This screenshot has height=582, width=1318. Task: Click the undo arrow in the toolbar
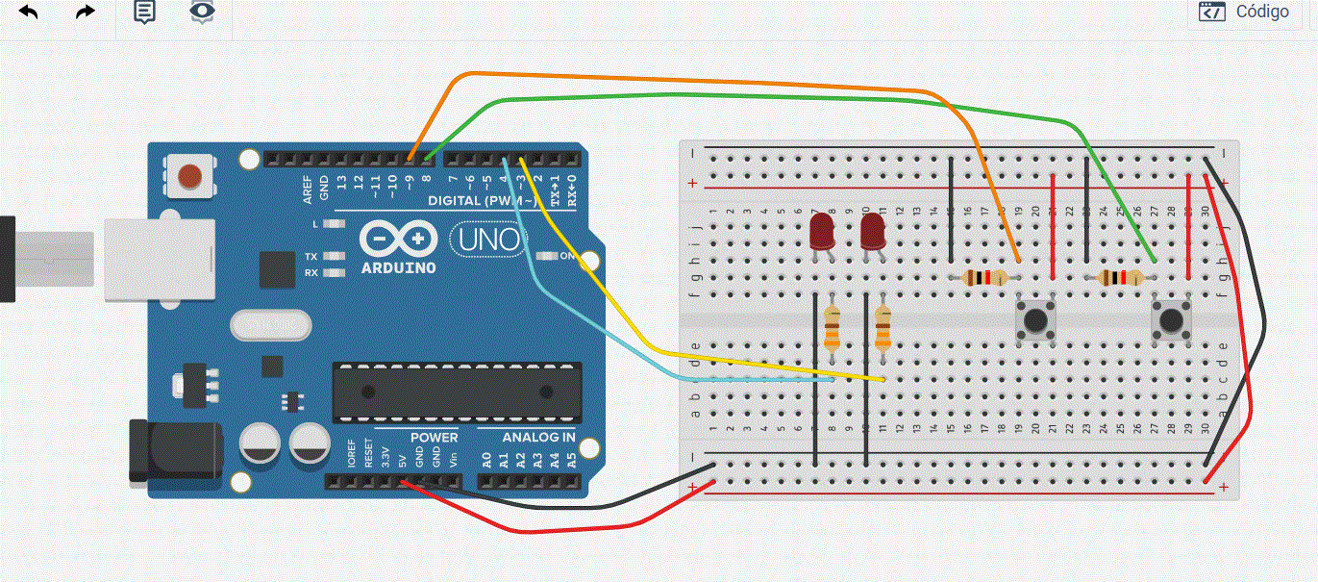click(x=29, y=13)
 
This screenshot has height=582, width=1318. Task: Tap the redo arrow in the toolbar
click(x=86, y=13)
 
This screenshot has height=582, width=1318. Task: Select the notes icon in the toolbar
click(x=144, y=13)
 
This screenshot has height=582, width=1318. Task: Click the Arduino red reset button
click(x=190, y=176)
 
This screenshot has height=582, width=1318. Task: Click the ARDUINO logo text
click(x=398, y=267)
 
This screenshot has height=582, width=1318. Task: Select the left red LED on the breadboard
click(x=821, y=232)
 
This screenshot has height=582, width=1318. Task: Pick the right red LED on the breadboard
click(x=873, y=232)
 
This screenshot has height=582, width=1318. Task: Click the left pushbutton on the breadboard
click(x=1034, y=319)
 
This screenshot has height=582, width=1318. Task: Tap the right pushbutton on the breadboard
click(x=1170, y=319)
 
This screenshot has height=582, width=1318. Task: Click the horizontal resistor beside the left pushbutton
click(x=983, y=278)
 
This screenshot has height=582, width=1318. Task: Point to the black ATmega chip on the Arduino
click(x=457, y=392)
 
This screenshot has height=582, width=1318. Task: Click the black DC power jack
click(x=173, y=450)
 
